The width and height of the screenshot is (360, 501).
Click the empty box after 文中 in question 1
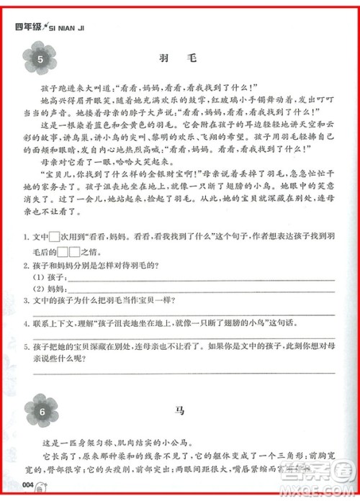click(x=55, y=256)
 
